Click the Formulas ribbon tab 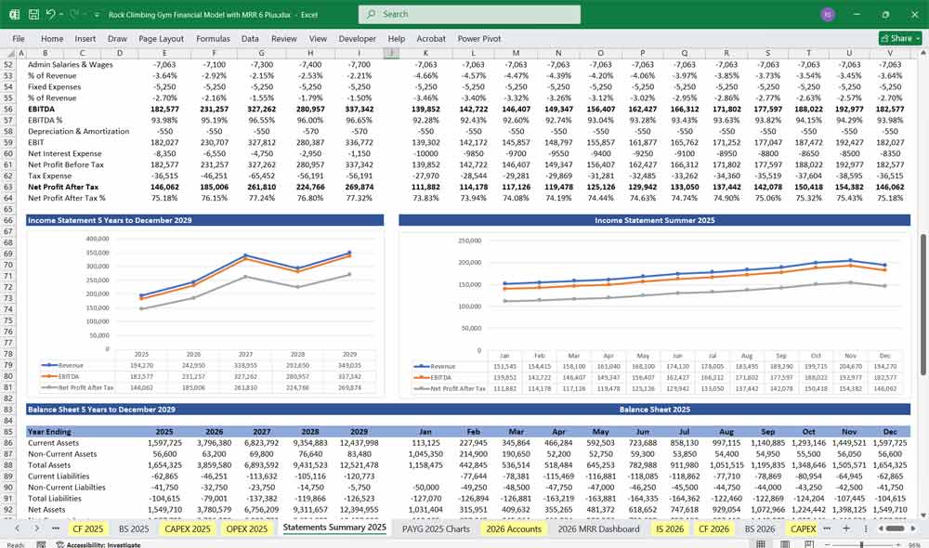click(213, 39)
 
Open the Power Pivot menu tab click(478, 39)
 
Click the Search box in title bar click(469, 14)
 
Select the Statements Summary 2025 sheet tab click(334, 528)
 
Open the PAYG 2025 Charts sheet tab click(436, 528)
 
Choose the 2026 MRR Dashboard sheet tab click(598, 528)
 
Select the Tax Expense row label click(51, 176)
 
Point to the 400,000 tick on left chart click(97, 239)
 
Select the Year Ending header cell click(49, 432)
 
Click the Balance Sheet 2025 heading click(654, 410)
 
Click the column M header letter click(516, 53)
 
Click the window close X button click(911, 14)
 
